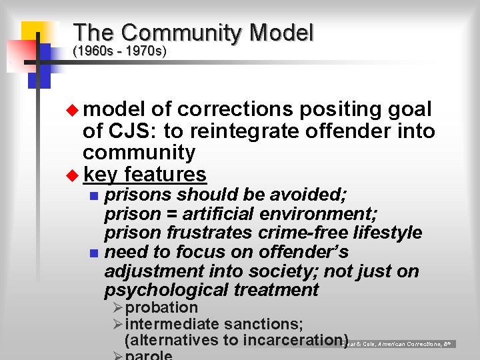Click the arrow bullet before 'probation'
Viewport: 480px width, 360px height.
pos(117,308)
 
